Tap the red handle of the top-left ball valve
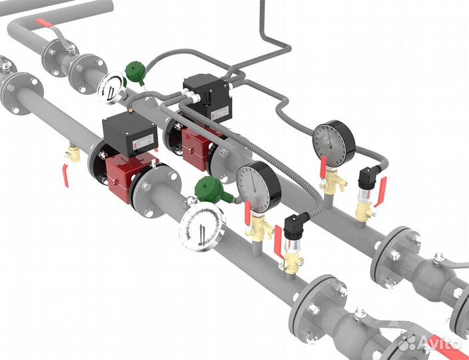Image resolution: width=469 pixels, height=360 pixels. (x=44, y=23)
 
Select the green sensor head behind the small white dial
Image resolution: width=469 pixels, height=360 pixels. (x=135, y=72)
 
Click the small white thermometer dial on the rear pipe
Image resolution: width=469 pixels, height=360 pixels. (x=111, y=87)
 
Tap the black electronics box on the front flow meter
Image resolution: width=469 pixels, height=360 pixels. (x=130, y=134)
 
